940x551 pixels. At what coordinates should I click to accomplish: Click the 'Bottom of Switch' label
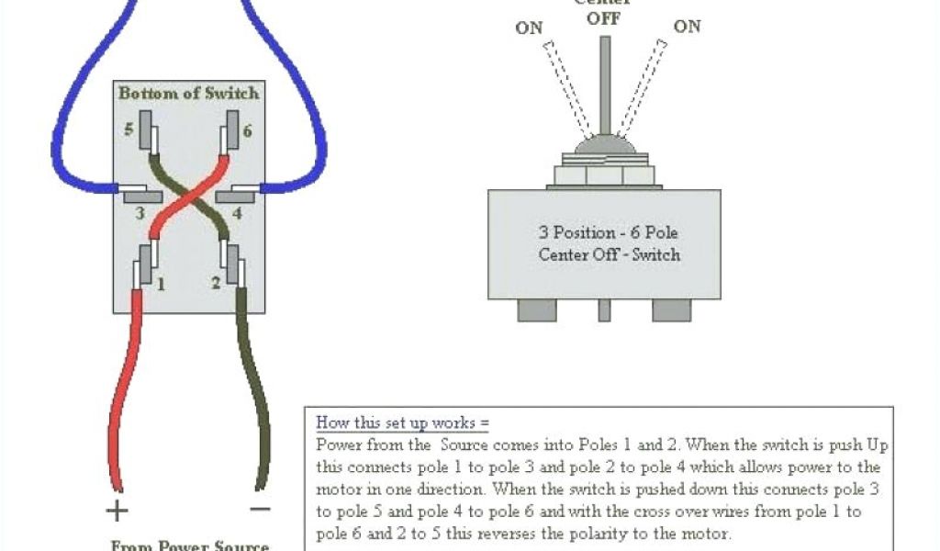coord(188,93)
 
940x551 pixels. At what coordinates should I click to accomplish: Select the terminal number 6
coord(246,130)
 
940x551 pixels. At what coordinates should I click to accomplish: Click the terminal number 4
coord(236,214)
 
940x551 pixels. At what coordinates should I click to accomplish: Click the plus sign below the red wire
coord(118,510)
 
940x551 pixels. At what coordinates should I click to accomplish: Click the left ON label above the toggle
coord(529,28)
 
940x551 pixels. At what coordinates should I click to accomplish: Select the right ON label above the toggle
coord(687,27)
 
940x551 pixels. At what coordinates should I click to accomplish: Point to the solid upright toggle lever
coord(604,87)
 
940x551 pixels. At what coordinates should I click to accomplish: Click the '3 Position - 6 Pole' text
coord(609,232)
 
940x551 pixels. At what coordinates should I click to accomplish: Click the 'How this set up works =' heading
coord(402,423)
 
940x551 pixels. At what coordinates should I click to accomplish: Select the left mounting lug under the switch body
coord(537,309)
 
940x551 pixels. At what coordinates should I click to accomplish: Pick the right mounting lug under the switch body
coord(671,309)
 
